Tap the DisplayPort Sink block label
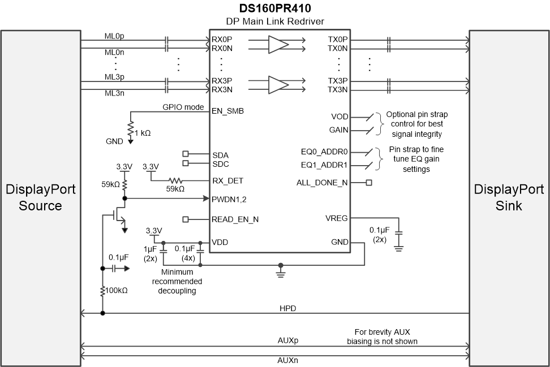point(509,197)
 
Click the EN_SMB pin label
point(227,111)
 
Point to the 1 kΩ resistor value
point(141,132)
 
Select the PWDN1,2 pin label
point(230,199)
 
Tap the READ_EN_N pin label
point(235,219)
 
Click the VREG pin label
point(337,218)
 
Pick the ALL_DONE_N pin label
point(323,183)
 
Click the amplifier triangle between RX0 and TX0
point(278,45)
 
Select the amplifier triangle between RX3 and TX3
point(278,85)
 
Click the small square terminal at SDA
point(185,154)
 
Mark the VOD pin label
point(340,117)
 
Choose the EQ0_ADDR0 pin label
point(324,152)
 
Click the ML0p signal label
point(114,36)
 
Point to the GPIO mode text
point(183,107)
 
